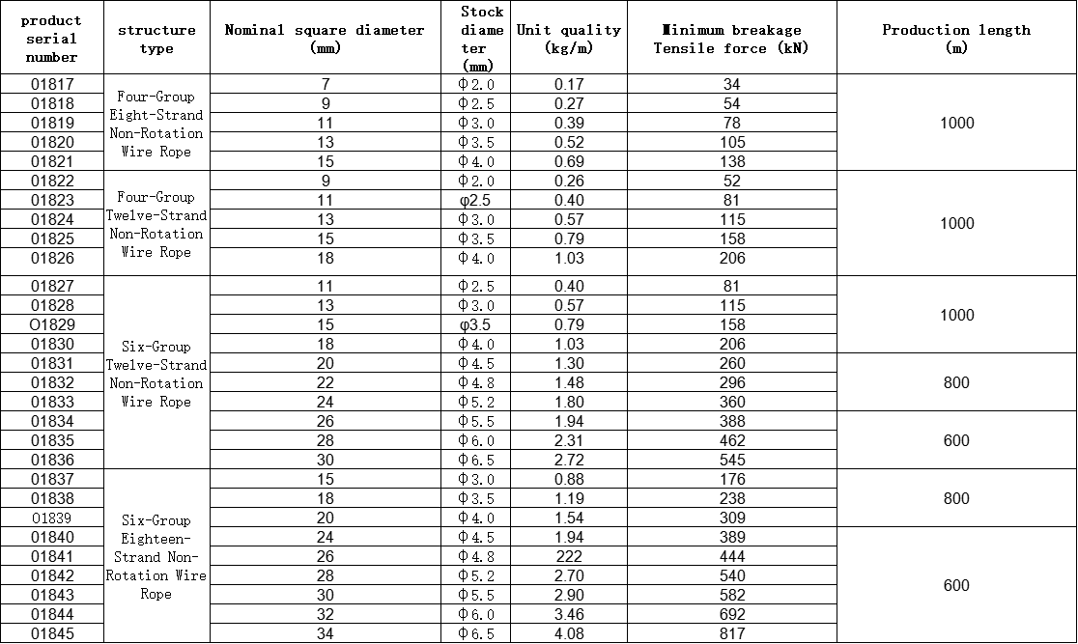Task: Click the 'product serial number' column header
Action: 51,39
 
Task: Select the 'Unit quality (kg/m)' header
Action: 568,39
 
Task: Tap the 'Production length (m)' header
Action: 955,39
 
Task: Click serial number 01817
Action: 52,85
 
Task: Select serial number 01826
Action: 52,258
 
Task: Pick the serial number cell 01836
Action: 52,460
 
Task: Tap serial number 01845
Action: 52,633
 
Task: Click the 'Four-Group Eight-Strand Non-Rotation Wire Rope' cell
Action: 156,124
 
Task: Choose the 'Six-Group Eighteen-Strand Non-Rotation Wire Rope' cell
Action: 156,557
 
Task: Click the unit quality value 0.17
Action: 569,85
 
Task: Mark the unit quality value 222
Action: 569,556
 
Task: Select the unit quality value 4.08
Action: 569,633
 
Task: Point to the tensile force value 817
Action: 732,633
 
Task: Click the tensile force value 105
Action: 732,142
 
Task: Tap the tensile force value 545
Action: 732,460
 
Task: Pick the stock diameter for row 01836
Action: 476,460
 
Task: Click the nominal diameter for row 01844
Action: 325,614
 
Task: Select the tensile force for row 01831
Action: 732,363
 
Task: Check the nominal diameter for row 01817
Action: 325,85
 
